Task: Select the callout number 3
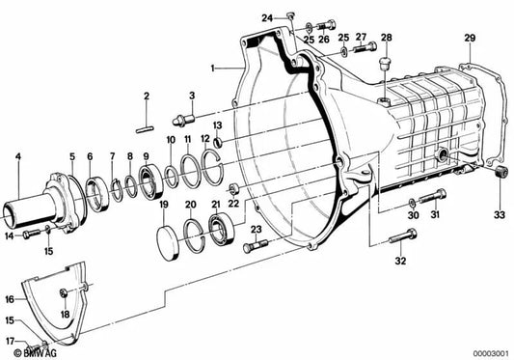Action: click(x=192, y=96)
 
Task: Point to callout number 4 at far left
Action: click(x=17, y=155)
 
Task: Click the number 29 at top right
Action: click(x=471, y=38)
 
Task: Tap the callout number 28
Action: click(x=386, y=38)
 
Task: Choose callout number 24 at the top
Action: click(x=266, y=16)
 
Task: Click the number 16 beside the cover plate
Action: click(x=10, y=273)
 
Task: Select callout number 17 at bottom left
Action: click(x=9, y=341)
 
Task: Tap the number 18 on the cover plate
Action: click(x=65, y=314)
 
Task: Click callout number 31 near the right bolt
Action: click(x=435, y=215)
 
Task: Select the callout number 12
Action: click(x=204, y=140)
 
